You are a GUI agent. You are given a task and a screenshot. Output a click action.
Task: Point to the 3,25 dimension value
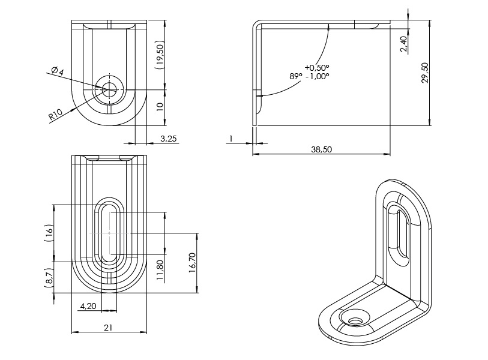point(169,139)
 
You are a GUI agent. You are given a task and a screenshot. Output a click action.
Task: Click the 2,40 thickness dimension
point(403,44)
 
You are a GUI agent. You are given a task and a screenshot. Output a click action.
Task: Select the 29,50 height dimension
point(424,73)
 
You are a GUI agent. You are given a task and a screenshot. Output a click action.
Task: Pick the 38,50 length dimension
point(321,149)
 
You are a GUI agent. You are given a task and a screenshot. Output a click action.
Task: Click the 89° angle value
point(295,76)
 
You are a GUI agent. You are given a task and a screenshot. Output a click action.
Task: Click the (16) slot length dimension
point(50,232)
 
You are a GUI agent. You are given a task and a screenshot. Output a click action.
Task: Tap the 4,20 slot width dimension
point(88,306)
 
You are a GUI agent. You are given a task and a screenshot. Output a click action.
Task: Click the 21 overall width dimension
point(109,328)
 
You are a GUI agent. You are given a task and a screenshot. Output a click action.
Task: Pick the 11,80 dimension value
point(159,269)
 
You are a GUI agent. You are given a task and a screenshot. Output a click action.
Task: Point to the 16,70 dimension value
point(193,263)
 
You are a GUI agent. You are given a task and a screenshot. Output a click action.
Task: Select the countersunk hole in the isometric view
point(356,318)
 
